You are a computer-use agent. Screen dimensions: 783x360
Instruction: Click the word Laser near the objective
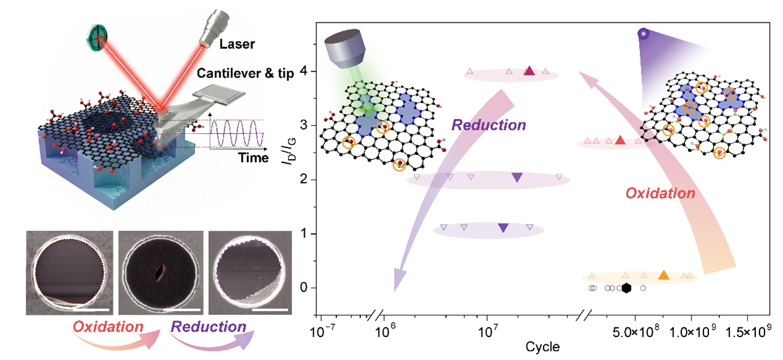pyautogui.click(x=237, y=44)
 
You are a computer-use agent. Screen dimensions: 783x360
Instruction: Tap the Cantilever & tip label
pyautogui.click(x=245, y=73)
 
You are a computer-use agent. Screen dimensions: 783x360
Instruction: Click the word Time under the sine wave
pyautogui.click(x=253, y=157)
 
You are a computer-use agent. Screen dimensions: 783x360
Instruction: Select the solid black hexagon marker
pyautogui.click(x=626, y=288)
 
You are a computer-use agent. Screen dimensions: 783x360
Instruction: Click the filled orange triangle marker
pyautogui.click(x=663, y=275)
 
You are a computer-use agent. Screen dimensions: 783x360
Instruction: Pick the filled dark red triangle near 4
pyautogui.click(x=529, y=71)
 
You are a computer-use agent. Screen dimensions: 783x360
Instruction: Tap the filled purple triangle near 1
pyautogui.click(x=503, y=228)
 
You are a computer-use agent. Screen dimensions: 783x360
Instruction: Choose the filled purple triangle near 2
pyautogui.click(x=517, y=178)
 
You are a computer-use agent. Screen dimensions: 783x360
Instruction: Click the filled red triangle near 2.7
pyautogui.click(x=620, y=140)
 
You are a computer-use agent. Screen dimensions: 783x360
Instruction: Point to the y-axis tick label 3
pyautogui.click(x=303, y=125)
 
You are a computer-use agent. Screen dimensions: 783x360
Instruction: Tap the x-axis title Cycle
pyautogui.click(x=542, y=346)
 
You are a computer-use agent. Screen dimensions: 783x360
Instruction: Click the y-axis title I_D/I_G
pyautogui.click(x=289, y=151)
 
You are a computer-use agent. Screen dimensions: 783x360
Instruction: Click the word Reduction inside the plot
pyautogui.click(x=488, y=125)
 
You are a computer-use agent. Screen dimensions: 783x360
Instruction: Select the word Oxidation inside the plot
pyautogui.click(x=660, y=193)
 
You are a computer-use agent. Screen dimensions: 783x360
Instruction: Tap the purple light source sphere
pyautogui.click(x=643, y=34)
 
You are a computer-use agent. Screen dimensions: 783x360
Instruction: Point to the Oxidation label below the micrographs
pyautogui.click(x=108, y=327)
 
